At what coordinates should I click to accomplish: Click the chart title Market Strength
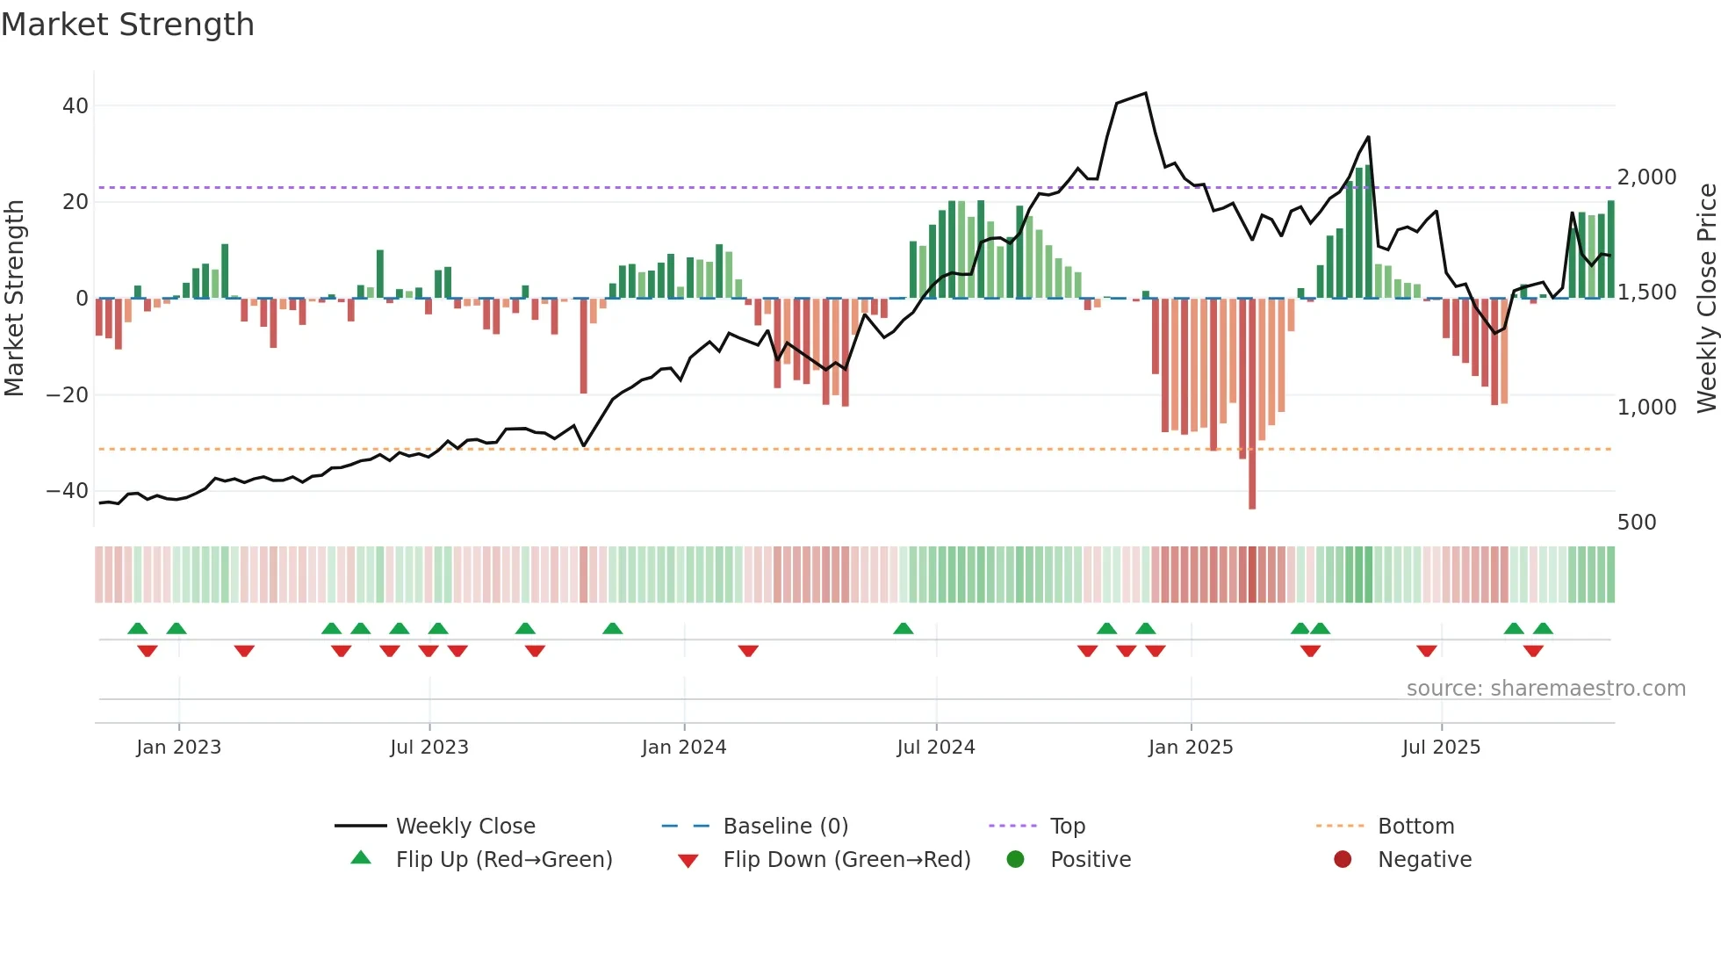(x=127, y=25)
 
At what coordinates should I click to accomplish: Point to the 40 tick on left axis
(x=76, y=106)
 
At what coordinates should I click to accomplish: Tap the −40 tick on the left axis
(x=68, y=491)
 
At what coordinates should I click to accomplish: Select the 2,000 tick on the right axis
(x=1646, y=177)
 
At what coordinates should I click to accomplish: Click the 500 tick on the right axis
(x=1636, y=523)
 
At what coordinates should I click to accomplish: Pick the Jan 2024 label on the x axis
(x=684, y=748)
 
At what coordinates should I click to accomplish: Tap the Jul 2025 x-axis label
(x=1441, y=748)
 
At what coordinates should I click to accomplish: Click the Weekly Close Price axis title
(x=1706, y=298)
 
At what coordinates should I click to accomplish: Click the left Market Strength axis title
(x=14, y=298)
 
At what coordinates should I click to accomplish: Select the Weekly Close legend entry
(x=464, y=827)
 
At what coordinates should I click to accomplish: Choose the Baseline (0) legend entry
(x=785, y=827)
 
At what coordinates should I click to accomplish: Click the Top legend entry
(x=1067, y=827)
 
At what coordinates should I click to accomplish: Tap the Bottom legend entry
(x=1415, y=827)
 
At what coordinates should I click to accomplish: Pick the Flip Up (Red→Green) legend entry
(x=503, y=860)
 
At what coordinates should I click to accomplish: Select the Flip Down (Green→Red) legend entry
(x=846, y=860)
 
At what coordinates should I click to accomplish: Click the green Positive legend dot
(x=1015, y=860)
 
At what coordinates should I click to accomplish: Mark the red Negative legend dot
(x=1342, y=860)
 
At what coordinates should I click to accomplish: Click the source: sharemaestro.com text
(x=1545, y=689)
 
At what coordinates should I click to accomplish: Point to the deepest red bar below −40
(x=1252, y=492)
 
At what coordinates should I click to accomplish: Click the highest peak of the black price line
(x=1145, y=93)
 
